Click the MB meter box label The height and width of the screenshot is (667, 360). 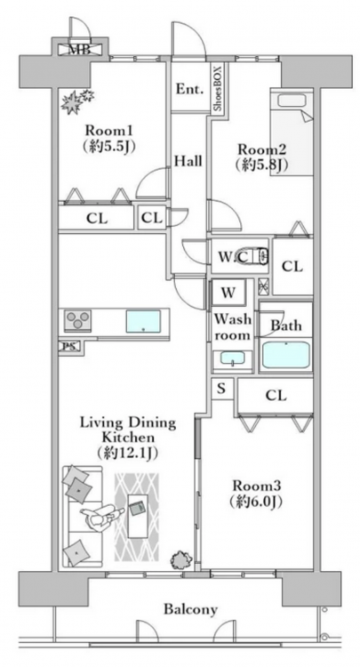(x=79, y=50)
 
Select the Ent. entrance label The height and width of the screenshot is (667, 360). (x=189, y=89)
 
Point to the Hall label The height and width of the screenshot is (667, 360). (x=188, y=161)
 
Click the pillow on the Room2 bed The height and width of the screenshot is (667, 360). (x=292, y=100)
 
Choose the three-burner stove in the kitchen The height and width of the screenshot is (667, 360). (x=77, y=321)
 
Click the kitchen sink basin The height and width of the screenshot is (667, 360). (x=143, y=321)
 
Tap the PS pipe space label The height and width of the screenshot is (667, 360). (x=68, y=347)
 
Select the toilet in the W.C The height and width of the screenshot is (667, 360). (x=254, y=256)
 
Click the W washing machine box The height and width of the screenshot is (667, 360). (x=228, y=293)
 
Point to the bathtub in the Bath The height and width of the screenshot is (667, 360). (x=285, y=355)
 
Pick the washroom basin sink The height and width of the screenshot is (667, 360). (x=233, y=358)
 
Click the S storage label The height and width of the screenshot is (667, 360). (x=221, y=389)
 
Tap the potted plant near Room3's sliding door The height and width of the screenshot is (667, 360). (x=180, y=559)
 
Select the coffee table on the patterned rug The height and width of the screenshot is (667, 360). (x=138, y=516)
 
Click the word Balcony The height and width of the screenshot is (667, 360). (x=191, y=609)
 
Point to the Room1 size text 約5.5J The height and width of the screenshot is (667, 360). (x=109, y=147)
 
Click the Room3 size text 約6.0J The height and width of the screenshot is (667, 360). (x=256, y=502)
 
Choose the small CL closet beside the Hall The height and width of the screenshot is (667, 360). (x=152, y=218)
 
